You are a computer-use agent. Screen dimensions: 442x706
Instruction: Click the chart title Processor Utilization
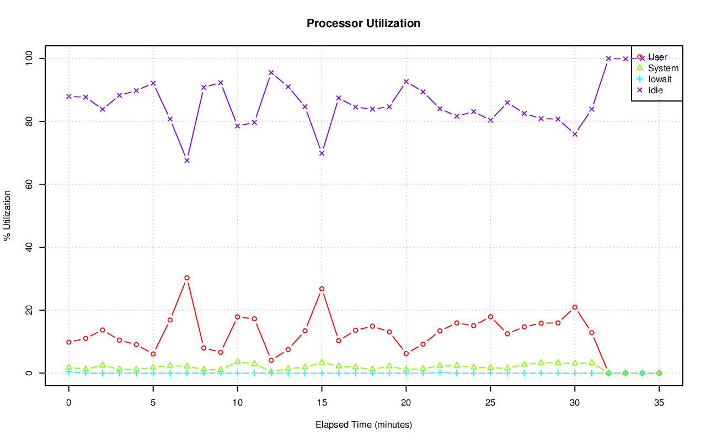363,23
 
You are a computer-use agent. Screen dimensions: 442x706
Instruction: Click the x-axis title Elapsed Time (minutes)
363,425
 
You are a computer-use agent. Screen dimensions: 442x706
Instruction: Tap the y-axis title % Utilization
8,215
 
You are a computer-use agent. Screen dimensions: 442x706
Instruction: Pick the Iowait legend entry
660,79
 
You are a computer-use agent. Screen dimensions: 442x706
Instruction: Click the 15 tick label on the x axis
322,403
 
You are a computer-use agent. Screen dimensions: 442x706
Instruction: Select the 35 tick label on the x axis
659,403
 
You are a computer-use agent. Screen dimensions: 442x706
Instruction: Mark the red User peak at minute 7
187,278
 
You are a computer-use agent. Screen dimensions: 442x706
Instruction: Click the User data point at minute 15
322,289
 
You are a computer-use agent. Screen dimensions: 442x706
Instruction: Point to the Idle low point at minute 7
187,161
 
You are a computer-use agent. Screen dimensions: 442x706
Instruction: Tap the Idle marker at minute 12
271,72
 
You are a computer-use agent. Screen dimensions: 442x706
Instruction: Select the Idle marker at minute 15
322,153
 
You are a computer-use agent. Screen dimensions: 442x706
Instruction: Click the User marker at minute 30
575,307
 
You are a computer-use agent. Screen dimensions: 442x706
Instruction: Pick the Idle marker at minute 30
575,134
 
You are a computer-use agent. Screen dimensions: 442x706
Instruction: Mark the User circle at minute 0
69,342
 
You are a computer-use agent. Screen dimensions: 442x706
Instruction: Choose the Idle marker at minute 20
406,82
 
